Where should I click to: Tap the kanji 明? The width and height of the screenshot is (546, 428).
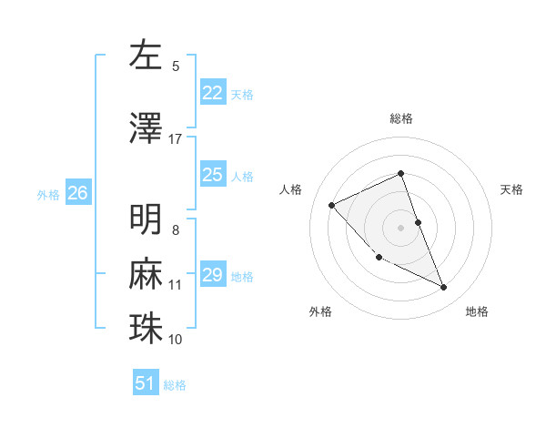pos(146,219)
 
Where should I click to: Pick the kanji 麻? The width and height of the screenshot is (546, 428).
pos(146,273)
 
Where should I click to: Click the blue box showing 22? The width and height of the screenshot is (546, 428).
pos(213,93)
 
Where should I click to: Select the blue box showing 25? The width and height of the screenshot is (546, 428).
pos(213,175)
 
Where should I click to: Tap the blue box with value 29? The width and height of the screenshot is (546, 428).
pos(213,275)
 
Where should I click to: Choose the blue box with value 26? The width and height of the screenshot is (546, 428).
pos(77,193)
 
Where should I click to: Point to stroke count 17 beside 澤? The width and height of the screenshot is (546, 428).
pos(175,138)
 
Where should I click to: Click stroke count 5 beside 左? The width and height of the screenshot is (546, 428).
pos(176,66)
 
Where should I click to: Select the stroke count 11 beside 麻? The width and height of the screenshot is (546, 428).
pos(175,285)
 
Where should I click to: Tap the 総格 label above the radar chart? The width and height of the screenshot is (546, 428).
pos(401,118)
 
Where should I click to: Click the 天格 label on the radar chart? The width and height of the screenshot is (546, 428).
pos(511,189)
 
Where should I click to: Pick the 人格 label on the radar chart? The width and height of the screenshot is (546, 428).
pos(291,189)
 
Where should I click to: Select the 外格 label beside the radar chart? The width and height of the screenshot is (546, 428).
pos(320,311)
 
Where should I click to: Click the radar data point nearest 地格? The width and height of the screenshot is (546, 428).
pos(444,288)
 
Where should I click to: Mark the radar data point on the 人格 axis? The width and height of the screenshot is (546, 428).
pos(332,205)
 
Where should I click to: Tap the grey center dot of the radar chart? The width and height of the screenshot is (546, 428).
pos(401,228)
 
